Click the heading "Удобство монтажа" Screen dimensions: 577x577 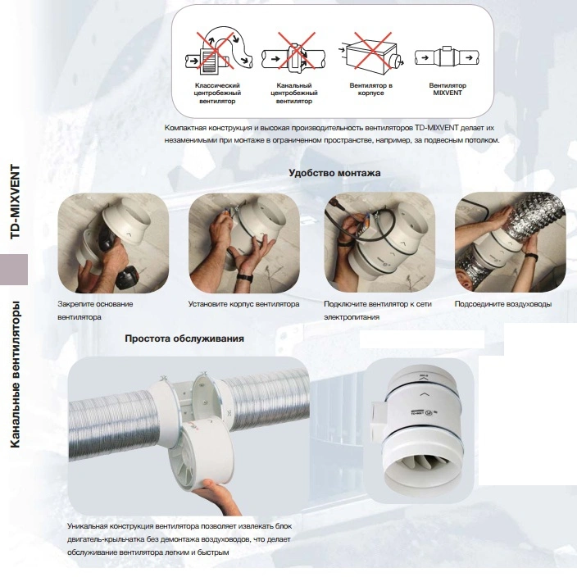click(x=334, y=173)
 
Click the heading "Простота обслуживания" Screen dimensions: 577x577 click(x=184, y=338)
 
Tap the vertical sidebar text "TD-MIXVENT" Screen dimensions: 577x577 click(x=15, y=202)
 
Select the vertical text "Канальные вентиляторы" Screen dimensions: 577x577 click(x=15, y=375)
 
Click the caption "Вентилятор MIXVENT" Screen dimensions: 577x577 click(x=448, y=89)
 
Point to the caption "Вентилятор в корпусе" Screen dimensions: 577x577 click(x=371, y=89)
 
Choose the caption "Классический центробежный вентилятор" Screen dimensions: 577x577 click(x=217, y=93)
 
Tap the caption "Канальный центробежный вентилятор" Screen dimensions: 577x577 click(x=294, y=93)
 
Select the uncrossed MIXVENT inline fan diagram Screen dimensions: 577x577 click(x=448, y=57)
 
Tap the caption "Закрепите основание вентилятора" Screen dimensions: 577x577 click(x=95, y=311)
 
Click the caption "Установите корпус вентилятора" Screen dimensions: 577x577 click(x=243, y=304)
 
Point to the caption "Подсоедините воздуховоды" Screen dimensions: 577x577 click(x=503, y=304)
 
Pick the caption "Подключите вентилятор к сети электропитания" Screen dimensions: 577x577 click(x=378, y=311)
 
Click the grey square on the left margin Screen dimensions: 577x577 click(x=14, y=270)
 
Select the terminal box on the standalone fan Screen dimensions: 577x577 click(x=379, y=417)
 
